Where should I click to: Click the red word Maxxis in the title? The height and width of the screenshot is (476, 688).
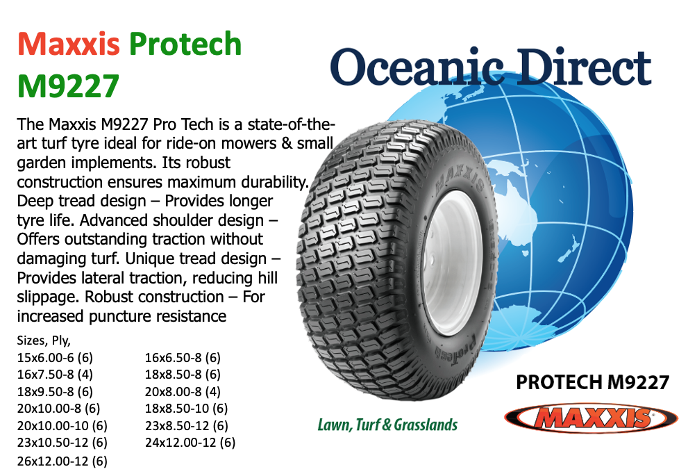click(69, 44)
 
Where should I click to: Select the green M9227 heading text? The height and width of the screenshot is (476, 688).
click(69, 86)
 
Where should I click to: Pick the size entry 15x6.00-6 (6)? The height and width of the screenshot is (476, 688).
click(55, 357)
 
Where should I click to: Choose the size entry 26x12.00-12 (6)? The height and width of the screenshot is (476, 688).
click(62, 461)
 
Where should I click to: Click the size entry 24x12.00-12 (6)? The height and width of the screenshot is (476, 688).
click(190, 442)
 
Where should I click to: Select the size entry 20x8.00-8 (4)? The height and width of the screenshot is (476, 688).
click(183, 391)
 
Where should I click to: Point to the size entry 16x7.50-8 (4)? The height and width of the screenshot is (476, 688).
click(55, 374)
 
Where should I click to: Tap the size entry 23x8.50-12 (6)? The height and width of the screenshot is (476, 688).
click(187, 425)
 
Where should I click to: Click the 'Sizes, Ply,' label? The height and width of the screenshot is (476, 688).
click(44, 340)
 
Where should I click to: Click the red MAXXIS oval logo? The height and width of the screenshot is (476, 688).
click(591, 418)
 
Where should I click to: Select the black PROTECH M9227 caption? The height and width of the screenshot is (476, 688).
click(592, 382)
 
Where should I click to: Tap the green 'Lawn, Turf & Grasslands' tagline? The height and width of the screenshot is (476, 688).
click(387, 425)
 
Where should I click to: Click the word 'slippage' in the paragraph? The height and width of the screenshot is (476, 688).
click(49, 297)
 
